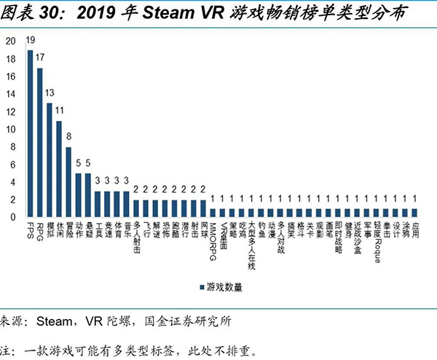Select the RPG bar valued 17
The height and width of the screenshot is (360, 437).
(x=40, y=143)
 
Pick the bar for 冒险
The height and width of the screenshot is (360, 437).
(x=68, y=182)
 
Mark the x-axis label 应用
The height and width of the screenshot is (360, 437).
(x=415, y=231)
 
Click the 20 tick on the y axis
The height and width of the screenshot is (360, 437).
(x=9, y=42)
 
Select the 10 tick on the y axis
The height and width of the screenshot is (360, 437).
(x=9, y=130)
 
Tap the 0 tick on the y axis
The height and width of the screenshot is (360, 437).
(x=11, y=217)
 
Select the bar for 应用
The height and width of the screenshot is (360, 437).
(x=415, y=213)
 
